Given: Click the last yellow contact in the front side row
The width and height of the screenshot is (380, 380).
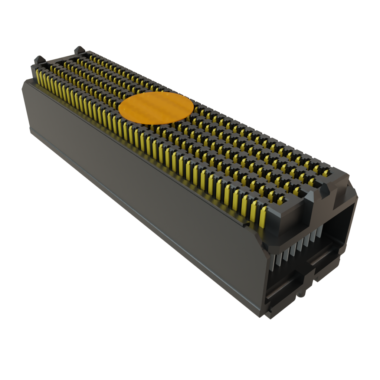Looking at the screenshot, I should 263,217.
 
